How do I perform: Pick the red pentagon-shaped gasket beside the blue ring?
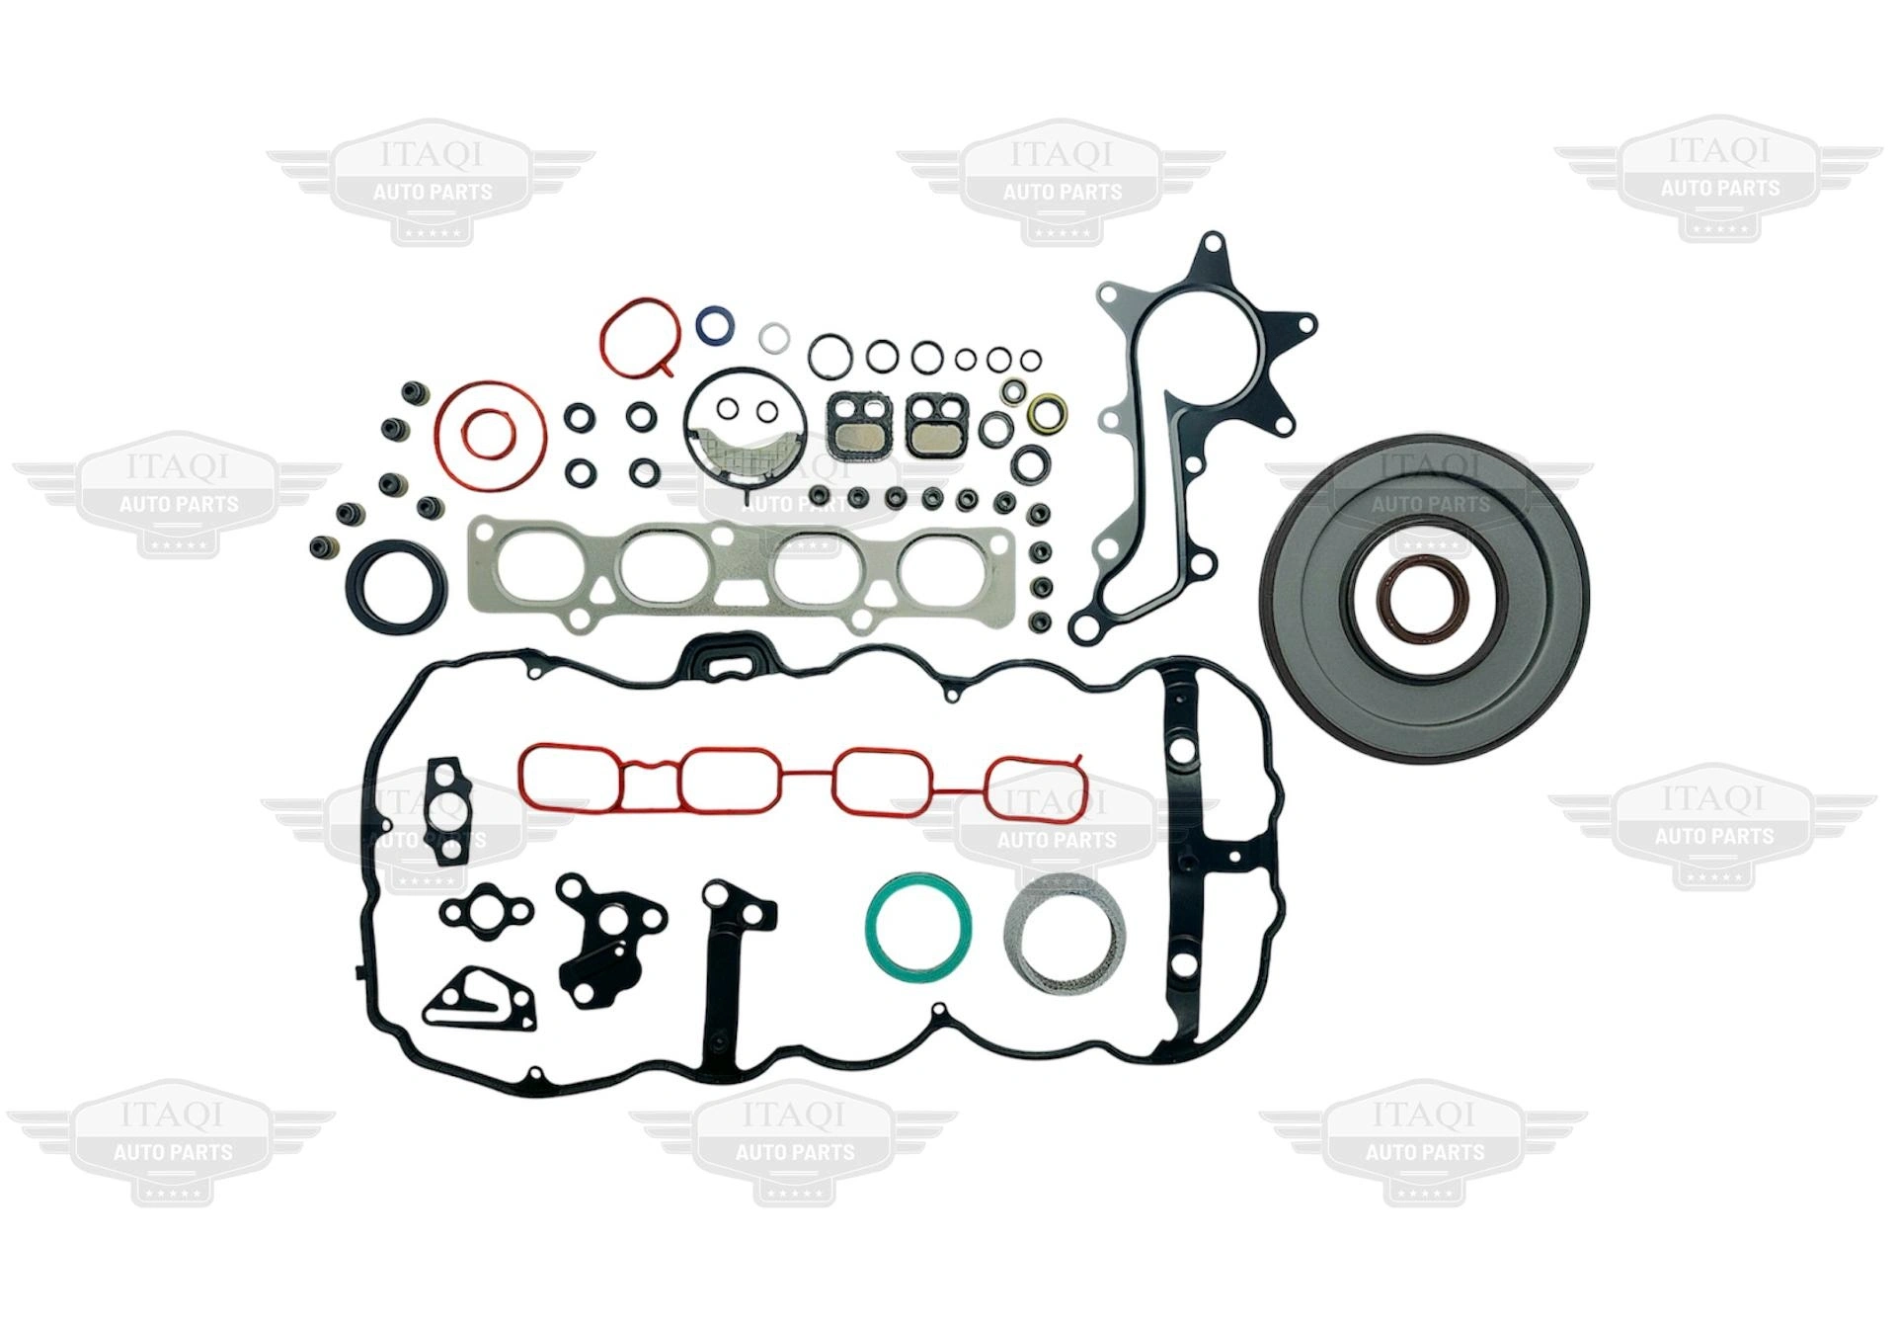click(x=604, y=336)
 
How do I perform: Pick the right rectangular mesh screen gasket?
click(x=933, y=427)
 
